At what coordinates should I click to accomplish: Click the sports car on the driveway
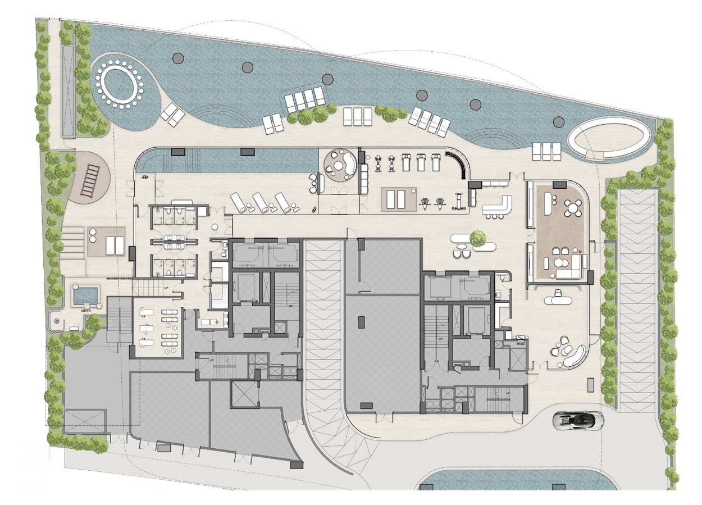coord(578,420)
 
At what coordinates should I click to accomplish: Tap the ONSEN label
coord(86,309)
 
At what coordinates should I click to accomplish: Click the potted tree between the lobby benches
coord(478,239)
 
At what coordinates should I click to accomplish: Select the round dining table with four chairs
coord(572,208)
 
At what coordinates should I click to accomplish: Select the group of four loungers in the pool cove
coord(304,99)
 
